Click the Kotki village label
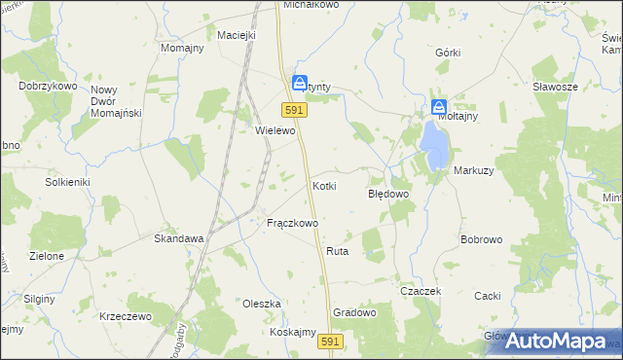point(324,185)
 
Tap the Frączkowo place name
point(292,223)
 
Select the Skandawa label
point(179,237)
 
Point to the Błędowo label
point(387,194)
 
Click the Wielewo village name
point(275,129)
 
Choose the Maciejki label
point(237,35)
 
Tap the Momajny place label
point(182,48)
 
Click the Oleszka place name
point(262,304)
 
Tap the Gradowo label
point(354,312)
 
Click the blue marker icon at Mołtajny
point(439,106)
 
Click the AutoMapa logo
point(563,341)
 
